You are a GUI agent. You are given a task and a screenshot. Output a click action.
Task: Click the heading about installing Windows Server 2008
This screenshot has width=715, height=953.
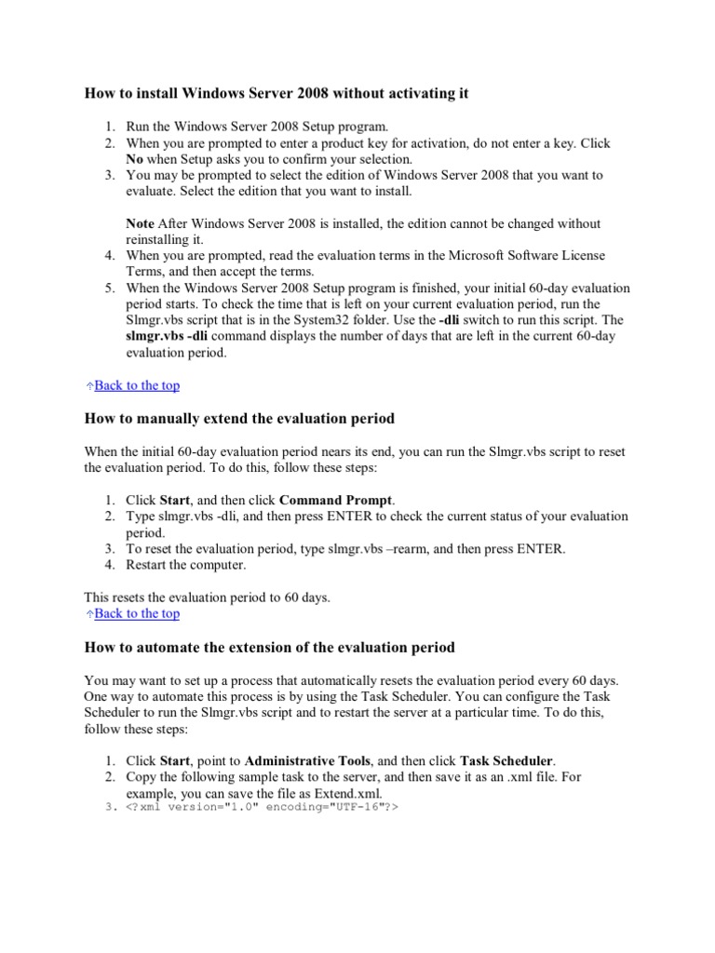(277, 93)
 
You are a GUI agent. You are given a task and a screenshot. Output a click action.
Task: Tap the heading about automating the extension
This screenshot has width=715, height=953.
(269, 646)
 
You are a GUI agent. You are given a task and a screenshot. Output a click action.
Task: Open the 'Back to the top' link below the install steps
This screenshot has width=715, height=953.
(137, 385)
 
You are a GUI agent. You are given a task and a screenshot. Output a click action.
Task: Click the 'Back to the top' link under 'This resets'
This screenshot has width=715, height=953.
(137, 613)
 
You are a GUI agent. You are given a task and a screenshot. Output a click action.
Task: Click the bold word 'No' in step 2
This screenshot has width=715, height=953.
(135, 159)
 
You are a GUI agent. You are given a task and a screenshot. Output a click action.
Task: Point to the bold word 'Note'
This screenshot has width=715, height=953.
(141, 223)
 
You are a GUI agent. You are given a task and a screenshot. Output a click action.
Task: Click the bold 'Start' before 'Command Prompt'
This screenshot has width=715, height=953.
(177, 500)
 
